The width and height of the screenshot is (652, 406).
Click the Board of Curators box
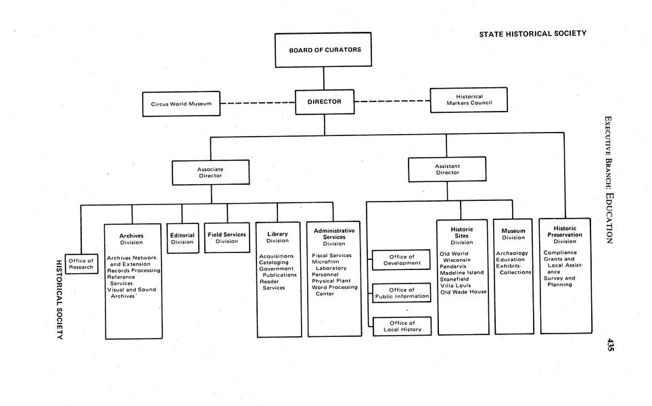coord(323,50)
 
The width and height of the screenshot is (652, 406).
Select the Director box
coord(324,102)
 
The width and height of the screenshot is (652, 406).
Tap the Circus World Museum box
coord(181,104)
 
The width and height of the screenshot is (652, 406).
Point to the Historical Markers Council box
coord(469,100)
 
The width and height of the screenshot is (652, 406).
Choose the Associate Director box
coord(210,173)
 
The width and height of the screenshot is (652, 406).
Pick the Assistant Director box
coord(446,169)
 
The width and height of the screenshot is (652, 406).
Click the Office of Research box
coord(81,264)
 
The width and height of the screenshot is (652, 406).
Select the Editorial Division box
coord(183,239)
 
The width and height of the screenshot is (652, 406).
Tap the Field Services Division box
coord(227,238)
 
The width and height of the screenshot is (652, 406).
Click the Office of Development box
coord(402,260)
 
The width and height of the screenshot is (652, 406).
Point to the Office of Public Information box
coord(402,293)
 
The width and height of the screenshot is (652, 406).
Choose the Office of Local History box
coord(402,326)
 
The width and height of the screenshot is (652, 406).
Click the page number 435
coord(610,344)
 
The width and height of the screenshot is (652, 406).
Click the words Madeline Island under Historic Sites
coord(463,273)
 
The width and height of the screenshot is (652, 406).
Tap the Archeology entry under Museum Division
coord(512,254)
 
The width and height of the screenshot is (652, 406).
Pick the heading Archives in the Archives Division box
coord(131,235)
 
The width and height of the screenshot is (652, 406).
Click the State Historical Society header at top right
coord(532,34)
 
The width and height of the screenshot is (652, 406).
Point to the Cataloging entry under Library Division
coord(273,263)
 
